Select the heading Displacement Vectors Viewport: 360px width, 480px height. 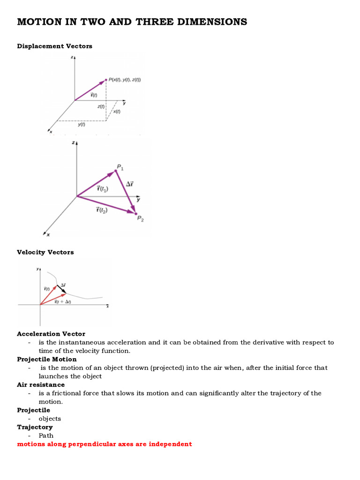coord(54,46)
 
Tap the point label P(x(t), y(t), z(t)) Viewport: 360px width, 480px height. coord(125,80)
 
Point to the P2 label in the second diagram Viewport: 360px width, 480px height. coord(140,218)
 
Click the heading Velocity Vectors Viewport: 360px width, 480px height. coord(45,252)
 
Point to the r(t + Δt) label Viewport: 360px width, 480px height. coord(62,302)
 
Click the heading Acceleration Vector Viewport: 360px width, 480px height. coord(51,334)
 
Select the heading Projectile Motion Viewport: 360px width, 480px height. coord(47,359)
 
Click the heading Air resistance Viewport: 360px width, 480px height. coord(41,384)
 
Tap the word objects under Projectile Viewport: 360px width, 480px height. coord(50,419)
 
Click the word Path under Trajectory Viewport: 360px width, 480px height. coord(46,435)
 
